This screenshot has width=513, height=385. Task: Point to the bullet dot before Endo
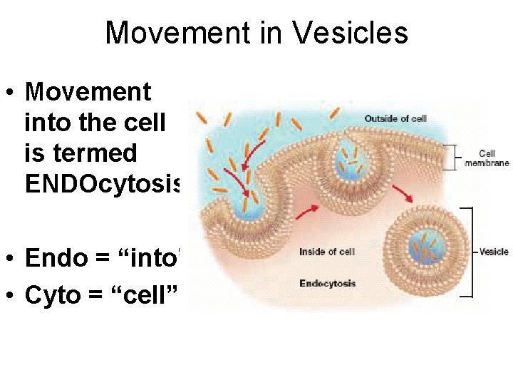tap(12, 258)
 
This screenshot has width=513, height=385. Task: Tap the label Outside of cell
tap(395, 118)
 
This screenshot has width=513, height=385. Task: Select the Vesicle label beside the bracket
tap(493, 252)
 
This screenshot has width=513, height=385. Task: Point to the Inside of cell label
tap(327, 252)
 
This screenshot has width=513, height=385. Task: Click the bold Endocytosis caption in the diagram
tap(328, 284)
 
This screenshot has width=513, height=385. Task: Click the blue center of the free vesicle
tap(426, 250)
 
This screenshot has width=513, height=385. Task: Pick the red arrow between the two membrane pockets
tap(305, 212)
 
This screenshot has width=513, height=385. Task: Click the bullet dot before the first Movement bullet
tap(12, 92)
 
